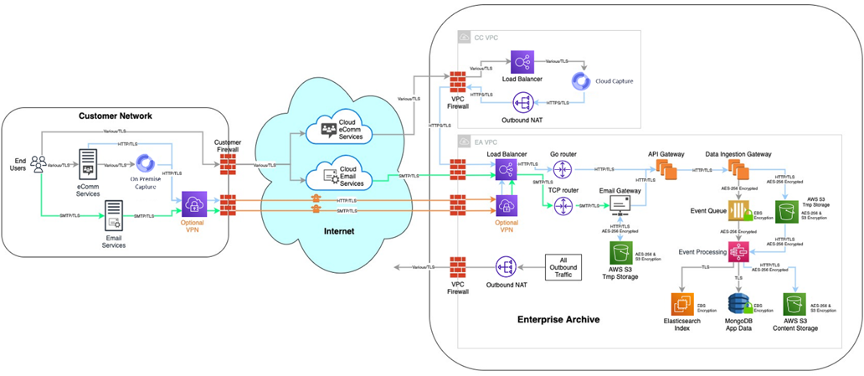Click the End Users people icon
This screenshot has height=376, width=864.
coord(38,164)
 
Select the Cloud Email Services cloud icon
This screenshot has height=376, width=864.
coord(321,178)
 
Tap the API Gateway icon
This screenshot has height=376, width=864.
coord(666,171)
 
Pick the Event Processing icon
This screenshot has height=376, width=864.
coord(738,250)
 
